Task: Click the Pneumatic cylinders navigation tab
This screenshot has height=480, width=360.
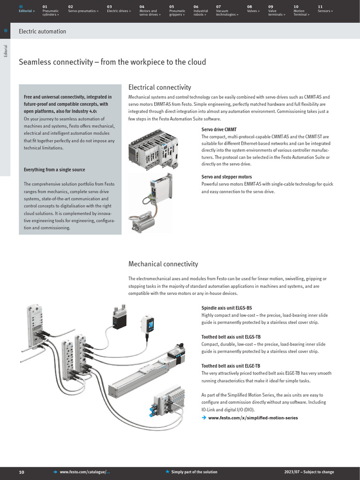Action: click(51, 11)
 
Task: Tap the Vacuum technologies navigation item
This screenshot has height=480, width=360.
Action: click(227, 11)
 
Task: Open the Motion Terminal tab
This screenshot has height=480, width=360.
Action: click(301, 11)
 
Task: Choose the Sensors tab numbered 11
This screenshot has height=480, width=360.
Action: click(325, 9)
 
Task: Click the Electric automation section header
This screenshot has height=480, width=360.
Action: click(42, 31)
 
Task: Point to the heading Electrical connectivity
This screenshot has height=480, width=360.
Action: click(159, 87)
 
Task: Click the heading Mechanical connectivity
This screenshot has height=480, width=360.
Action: click(163, 264)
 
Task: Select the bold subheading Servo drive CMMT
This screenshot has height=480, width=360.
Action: click(219, 129)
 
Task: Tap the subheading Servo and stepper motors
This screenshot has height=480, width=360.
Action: click(226, 177)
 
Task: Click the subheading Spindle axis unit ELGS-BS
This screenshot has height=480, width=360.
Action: click(226, 307)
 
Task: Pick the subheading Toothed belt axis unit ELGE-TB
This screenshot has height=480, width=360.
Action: click(231, 366)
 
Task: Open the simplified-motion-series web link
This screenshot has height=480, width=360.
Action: click(253, 418)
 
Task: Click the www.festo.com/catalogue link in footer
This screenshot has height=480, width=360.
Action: click(84, 472)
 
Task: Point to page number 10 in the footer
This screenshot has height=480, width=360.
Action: click(22, 472)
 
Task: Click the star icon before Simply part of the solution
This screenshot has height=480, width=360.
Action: click(167, 472)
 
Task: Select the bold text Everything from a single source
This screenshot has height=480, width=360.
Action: click(54, 170)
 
